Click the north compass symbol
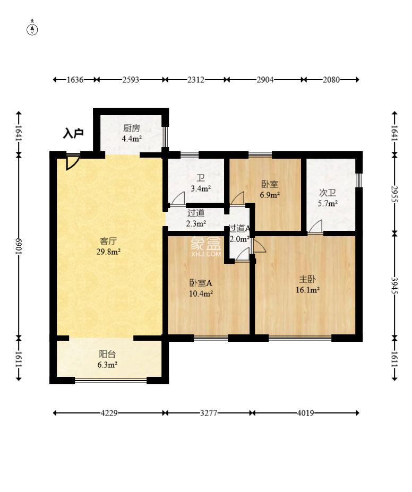point(32,29)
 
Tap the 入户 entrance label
point(73,133)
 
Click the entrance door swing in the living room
point(72,162)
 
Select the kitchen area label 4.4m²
point(132,139)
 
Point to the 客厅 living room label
point(108,241)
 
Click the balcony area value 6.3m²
point(107,365)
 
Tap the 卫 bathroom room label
point(201,178)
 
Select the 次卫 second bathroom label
point(328,193)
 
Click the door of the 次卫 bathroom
point(315,227)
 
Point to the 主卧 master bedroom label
point(307,279)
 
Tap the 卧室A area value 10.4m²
point(201,294)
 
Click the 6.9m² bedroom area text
point(270,195)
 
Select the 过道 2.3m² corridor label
point(196,218)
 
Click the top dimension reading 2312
point(196,80)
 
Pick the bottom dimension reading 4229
point(109,413)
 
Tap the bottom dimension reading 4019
point(306,413)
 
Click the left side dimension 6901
point(19,247)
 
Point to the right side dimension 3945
point(394,286)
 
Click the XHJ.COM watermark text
point(206,254)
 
